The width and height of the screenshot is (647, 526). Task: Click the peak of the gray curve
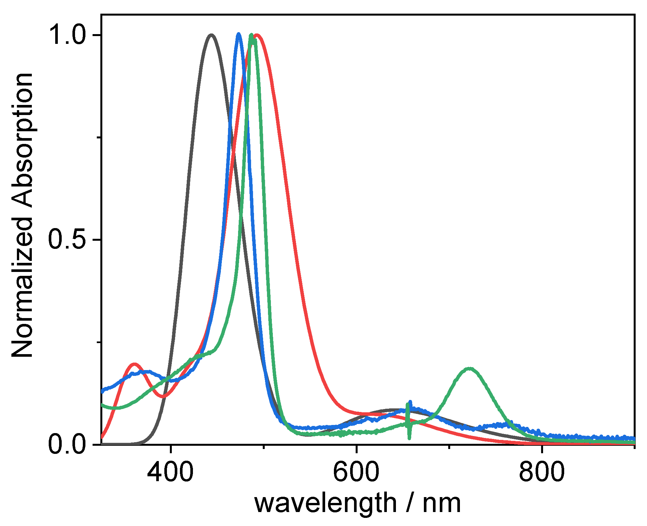point(211,35)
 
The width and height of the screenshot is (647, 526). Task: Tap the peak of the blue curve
point(239,34)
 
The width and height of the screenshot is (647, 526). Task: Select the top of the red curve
point(257,35)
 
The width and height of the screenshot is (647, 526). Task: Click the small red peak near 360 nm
point(134,364)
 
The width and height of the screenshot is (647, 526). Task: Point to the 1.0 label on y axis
point(66,35)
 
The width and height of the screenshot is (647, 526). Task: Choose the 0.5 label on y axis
point(66,240)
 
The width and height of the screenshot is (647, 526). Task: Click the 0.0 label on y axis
point(66,444)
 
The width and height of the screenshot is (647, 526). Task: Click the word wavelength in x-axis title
point(325,503)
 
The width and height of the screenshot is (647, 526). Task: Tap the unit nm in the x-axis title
point(442,503)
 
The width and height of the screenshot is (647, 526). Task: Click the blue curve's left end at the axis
point(103,391)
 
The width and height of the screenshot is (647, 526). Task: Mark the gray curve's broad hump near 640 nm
point(395,410)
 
